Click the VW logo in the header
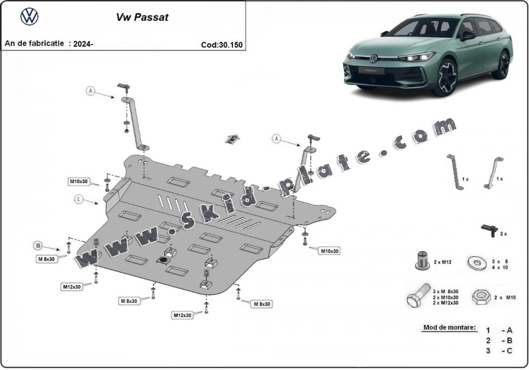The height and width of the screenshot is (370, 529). pos(29,17)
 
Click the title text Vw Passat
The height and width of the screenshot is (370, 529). pos(141,17)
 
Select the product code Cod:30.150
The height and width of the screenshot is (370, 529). pos(221,45)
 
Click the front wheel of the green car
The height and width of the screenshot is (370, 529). pos(445,77)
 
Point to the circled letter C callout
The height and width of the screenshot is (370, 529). pos(79,199)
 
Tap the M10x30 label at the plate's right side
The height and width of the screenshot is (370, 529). pos(330,250)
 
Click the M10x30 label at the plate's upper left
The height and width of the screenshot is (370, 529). pos(79,182)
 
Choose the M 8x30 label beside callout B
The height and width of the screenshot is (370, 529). pos(47,259)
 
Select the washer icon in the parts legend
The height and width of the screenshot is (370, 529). pos(477,264)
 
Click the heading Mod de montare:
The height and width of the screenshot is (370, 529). pos(449,328)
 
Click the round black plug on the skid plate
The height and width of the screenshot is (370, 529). pos(162,260)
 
